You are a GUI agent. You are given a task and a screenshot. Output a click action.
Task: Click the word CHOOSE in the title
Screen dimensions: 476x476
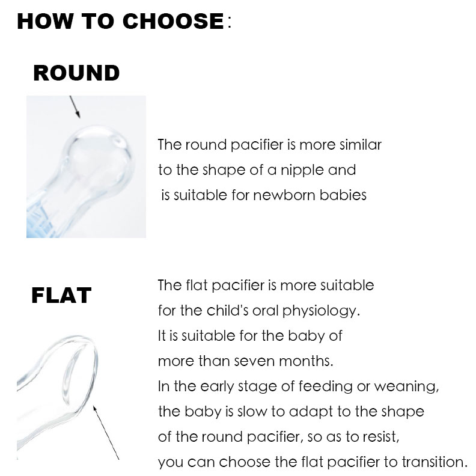(173, 22)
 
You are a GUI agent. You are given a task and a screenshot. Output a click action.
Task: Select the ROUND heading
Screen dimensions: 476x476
(76, 73)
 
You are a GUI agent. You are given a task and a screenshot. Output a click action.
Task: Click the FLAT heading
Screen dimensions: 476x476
(61, 296)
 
